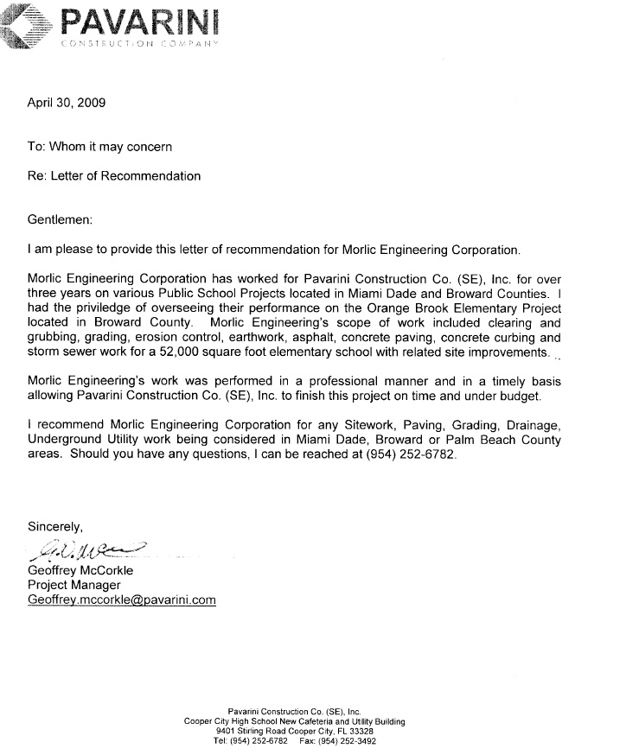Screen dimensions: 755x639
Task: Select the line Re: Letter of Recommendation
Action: pos(114,176)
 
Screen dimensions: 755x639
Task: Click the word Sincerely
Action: pos(55,527)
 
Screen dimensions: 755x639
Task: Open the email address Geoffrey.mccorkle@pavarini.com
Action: pos(122,600)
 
